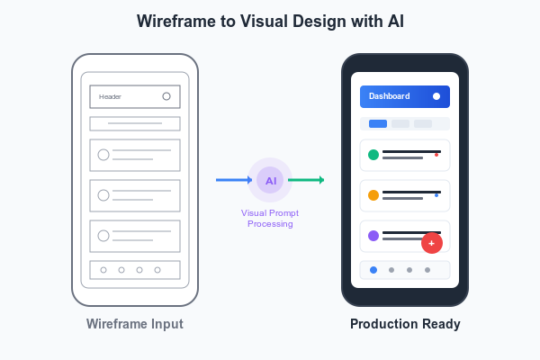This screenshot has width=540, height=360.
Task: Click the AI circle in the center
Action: [270, 180]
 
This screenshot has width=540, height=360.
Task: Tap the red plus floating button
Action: [432, 243]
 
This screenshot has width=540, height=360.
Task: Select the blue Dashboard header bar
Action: [404, 96]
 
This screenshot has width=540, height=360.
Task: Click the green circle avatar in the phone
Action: [373, 155]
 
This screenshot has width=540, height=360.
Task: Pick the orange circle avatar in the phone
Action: [373, 195]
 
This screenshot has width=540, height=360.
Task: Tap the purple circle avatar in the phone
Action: [373, 236]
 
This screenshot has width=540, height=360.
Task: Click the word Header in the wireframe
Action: [110, 96]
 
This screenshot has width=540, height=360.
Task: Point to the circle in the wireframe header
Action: [166, 96]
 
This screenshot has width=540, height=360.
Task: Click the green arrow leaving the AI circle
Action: [306, 180]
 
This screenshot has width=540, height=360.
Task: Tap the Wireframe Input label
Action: [134, 324]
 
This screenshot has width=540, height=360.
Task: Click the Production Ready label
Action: [404, 324]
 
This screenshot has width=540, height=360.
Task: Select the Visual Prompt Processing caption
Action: [270, 218]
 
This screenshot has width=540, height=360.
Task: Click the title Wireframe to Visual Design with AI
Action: [270, 22]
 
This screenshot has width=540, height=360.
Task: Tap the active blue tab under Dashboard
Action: [378, 123]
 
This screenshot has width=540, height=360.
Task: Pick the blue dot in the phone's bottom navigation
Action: [373, 270]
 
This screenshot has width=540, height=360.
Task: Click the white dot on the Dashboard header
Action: [436, 96]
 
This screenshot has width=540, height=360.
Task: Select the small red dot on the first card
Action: [436, 155]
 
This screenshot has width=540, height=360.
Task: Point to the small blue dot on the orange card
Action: [436, 195]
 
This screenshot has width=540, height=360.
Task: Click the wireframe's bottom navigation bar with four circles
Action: [135, 270]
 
